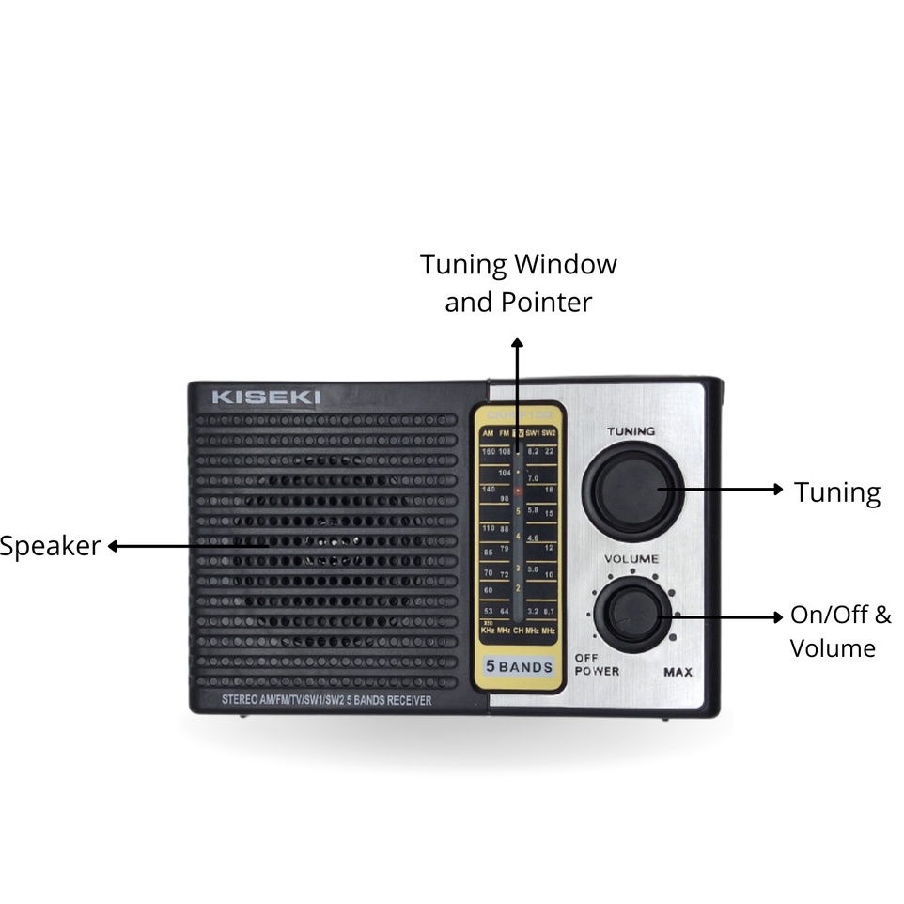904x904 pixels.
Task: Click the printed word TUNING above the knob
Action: pyautogui.click(x=631, y=431)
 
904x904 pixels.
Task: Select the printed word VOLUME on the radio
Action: pyautogui.click(x=631, y=559)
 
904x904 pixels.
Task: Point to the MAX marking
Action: pyautogui.click(x=678, y=672)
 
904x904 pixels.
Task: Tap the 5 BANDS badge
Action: pyautogui.click(x=519, y=667)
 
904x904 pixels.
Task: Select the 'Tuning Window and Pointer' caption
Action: pyautogui.click(x=518, y=283)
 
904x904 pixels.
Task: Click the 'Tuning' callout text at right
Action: pyautogui.click(x=837, y=492)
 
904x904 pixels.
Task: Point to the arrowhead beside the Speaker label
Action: pyautogui.click(x=112, y=546)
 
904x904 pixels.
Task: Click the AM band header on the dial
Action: pyautogui.click(x=488, y=433)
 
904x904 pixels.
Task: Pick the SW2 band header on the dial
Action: pyautogui.click(x=549, y=433)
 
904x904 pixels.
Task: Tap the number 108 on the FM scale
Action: pyautogui.click(x=505, y=452)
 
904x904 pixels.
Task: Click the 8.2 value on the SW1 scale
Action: pyautogui.click(x=533, y=452)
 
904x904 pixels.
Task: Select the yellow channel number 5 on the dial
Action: pyautogui.click(x=518, y=511)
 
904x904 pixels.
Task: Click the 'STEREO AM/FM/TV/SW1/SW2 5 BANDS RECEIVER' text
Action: pyautogui.click(x=327, y=700)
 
